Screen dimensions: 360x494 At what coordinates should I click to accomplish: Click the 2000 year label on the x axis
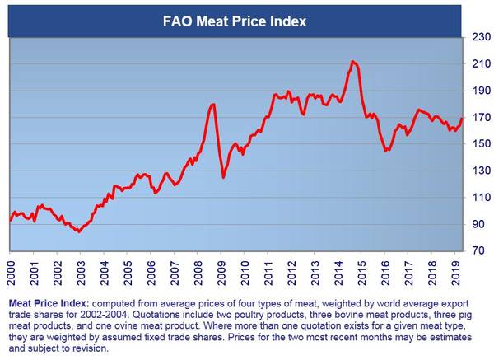12,269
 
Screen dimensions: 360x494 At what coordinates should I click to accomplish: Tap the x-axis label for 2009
221,269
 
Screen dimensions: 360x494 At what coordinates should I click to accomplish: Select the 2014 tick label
339,269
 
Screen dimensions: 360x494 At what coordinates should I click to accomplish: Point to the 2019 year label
457,269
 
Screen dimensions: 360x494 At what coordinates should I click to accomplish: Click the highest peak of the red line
352,61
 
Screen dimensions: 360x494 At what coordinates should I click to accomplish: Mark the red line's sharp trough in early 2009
224,176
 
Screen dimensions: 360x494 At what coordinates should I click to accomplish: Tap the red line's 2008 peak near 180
213,105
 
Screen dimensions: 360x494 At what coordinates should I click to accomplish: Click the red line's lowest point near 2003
78,231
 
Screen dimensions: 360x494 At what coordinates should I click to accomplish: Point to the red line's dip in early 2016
387,150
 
